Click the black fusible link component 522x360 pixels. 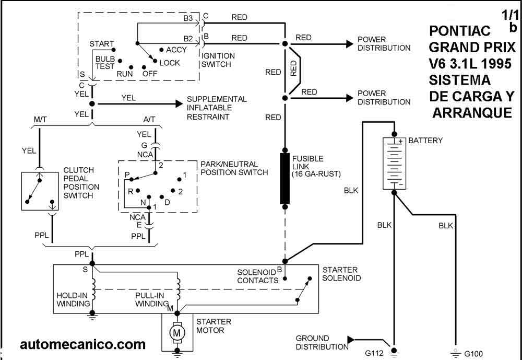(285, 178)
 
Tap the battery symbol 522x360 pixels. (395, 164)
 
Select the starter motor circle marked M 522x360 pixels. (177, 333)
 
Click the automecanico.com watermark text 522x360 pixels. (83, 344)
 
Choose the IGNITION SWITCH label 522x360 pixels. (218, 60)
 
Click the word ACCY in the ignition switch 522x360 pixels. (176, 50)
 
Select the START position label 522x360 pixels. (102, 44)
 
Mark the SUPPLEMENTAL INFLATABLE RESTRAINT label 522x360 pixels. (217, 108)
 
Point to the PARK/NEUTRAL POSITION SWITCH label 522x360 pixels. (234, 168)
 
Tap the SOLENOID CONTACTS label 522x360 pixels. (257, 276)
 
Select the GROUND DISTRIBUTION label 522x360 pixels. (313, 342)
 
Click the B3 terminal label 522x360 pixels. (188, 19)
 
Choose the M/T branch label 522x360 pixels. (41, 120)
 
